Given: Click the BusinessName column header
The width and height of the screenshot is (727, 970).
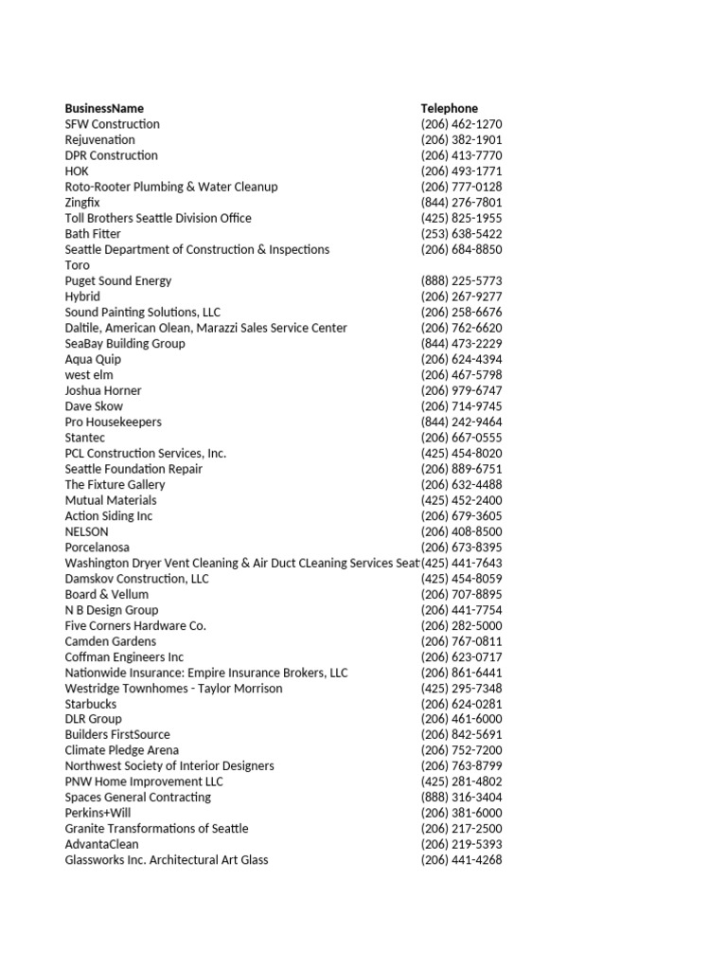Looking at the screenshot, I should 104,108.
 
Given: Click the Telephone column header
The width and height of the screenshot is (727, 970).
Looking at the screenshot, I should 450,108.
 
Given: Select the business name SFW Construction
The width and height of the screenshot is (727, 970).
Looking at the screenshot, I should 112,124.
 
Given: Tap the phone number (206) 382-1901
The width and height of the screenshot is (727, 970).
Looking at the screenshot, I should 461,140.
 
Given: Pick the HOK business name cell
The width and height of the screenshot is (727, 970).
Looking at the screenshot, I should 77,171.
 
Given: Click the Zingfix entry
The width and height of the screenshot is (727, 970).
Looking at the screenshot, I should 82,203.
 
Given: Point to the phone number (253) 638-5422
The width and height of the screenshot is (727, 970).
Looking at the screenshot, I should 461,234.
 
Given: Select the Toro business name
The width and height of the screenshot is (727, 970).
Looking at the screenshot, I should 78,265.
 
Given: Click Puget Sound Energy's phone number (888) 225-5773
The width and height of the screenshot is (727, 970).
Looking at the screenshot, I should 461,281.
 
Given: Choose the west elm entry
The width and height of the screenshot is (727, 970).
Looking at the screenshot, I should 89,375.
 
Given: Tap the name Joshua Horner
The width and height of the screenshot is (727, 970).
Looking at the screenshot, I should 103,390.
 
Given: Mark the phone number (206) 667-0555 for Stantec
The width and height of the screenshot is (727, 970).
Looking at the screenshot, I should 461,438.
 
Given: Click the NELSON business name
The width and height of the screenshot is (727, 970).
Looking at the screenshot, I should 87,531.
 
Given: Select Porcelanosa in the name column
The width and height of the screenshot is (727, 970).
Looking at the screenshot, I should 98,548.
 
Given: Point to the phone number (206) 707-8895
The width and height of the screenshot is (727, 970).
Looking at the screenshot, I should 461,594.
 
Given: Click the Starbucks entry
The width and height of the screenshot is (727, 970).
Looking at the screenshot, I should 91,704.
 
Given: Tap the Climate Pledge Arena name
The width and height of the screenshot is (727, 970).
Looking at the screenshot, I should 121,750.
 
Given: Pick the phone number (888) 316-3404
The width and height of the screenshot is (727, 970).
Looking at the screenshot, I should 461,798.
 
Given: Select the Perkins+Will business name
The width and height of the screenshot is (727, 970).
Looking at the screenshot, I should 98,813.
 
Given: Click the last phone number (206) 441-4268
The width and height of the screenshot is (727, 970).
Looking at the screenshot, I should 461,860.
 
